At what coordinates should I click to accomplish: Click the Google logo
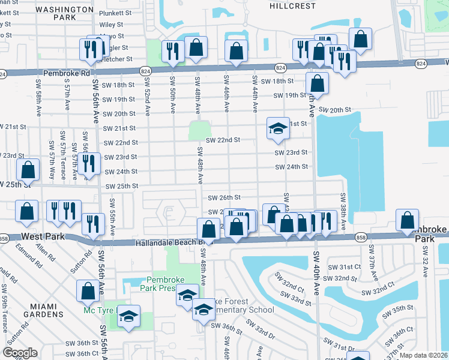point(20,353)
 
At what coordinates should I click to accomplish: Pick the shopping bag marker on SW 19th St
point(317,84)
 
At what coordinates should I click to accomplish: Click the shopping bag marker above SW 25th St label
point(28,171)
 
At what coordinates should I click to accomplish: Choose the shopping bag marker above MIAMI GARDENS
point(88,292)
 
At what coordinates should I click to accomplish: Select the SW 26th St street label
point(224,197)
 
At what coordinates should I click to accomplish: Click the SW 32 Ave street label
point(425,263)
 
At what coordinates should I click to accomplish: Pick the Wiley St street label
point(111,25)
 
